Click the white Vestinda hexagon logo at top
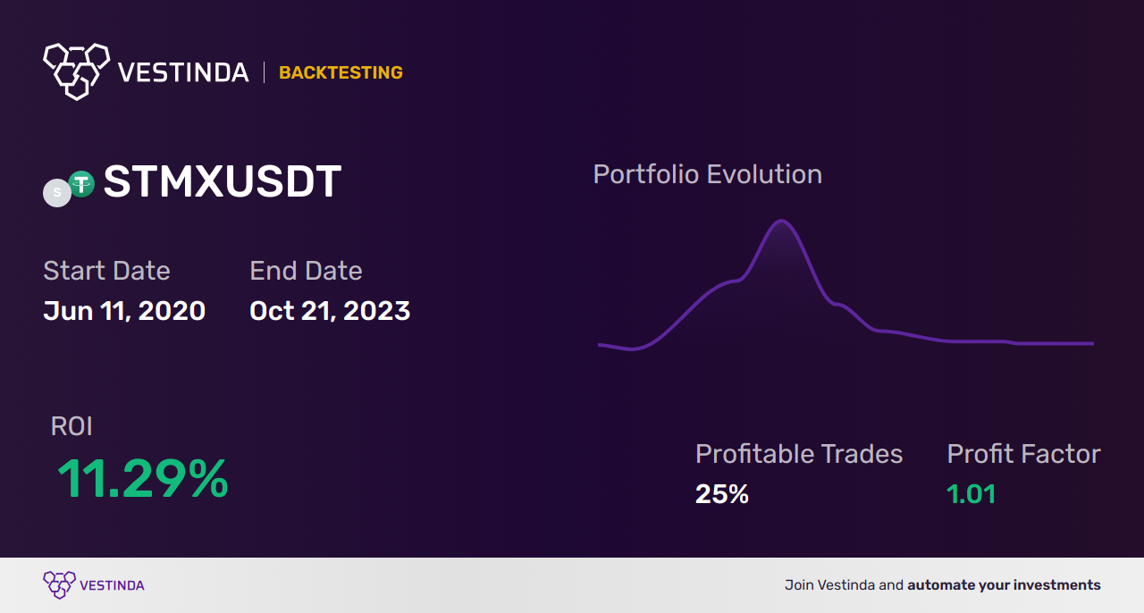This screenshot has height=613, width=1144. (77, 71)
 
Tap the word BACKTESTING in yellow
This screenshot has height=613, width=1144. (341, 72)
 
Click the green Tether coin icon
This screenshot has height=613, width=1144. (81, 183)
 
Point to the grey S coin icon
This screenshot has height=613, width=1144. (56, 193)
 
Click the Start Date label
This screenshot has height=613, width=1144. (106, 270)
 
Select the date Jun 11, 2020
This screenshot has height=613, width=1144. (124, 311)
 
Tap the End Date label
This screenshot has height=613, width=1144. (306, 270)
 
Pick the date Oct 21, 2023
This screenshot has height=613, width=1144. (330, 311)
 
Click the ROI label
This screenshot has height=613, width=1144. (71, 426)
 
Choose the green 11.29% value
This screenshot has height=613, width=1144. (142, 478)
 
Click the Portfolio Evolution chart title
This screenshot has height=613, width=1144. (708, 174)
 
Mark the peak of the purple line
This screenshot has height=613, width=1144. (781, 221)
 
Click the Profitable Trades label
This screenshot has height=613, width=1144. (799, 454)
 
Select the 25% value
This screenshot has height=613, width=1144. (722, 494)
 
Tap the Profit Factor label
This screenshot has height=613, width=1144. (1024, 454)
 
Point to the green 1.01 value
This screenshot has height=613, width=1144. (972, 494)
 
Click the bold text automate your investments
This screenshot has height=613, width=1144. (1004, 585)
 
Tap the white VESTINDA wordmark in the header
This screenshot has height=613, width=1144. (183, 72)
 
